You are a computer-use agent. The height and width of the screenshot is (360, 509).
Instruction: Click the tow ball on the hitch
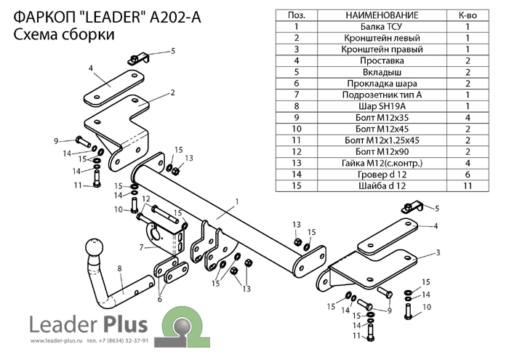(x=96, y=251)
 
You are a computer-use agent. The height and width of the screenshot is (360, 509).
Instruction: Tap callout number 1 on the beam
(x=236, y=201)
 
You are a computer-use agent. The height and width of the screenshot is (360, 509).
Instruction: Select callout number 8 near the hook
(x=119, y=270)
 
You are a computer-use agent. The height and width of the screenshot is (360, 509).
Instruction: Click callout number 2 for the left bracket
(x=174, y=92)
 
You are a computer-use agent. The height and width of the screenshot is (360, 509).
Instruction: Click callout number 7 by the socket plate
(x=140, y=247)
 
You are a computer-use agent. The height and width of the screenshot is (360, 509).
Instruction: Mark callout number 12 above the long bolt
(x=145, y=199)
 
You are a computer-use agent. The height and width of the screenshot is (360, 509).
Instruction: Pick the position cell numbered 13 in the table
(x=297, y=164)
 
